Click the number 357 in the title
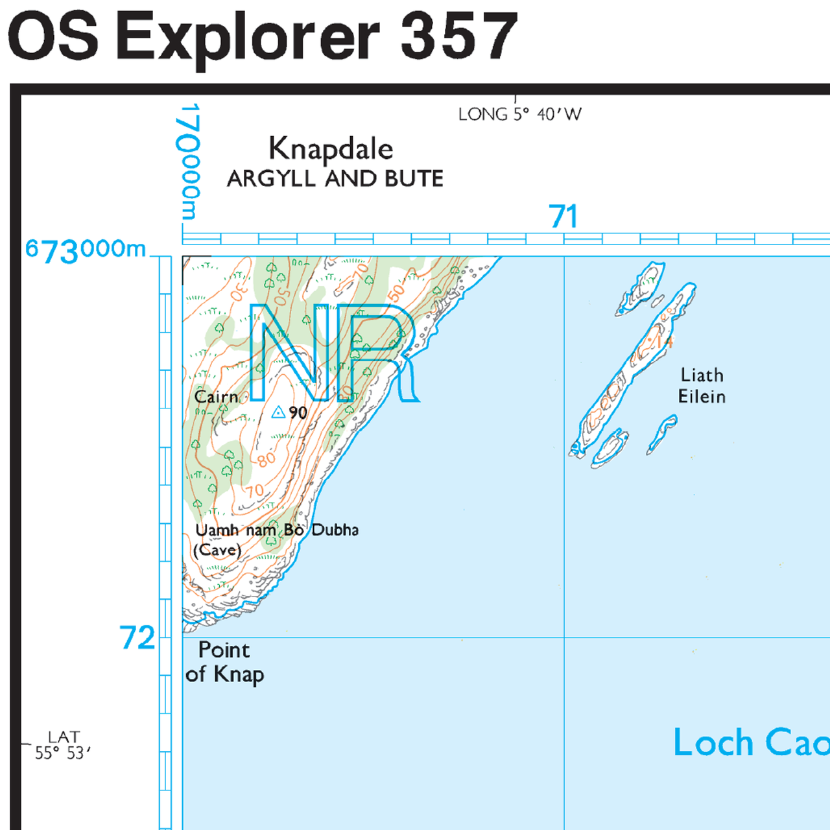tap(459, 36)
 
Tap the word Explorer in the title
tap(249, 38)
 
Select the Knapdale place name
tap(331, 149)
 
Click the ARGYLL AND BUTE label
tap(335, 178)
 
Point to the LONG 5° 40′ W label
tap(519, 114)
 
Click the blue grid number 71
tap(563, 217)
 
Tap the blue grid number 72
tap(137, 638)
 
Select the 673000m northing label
tap(86, 250)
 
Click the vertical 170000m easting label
tap(189, 162)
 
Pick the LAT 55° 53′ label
tap(63, 745)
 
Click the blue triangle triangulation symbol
tap(278, 412)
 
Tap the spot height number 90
tap(298, 412)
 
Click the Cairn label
tap(216, 396)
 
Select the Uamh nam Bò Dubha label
tap(277, 530)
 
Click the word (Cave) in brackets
tap(217, 550)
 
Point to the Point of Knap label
tap(224, 662)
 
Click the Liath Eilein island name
tap(702, 385)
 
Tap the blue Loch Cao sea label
tap(751, 742)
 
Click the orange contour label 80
tap(267, 460)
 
